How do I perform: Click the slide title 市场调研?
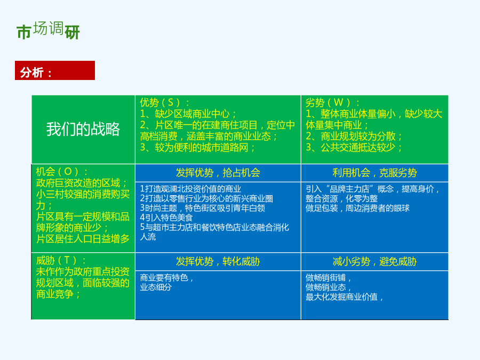pyautogui.click(x=48, y=30)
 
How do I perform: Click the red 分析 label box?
pyautogui.click(x=55, y=70)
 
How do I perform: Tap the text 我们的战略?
pyautogui.click(x=83, y=129)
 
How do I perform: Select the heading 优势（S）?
pyautogui.click(x=165, y=102)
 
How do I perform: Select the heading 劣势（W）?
pyautogui.click(x=332, y=102)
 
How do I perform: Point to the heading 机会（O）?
pyautogui.click(x=62, y=171)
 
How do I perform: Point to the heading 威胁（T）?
pyautogui.click(x=61, y=260)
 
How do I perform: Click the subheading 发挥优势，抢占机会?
pyautogui.click(x=218, y=173)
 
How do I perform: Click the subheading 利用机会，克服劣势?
pyautogui.click(x=375, y=173)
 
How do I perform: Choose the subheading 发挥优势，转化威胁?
pyautogui.click(x=218, y=262)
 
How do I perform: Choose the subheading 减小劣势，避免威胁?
pyautogui.click(x=375, y=262)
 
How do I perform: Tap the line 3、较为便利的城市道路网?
pyautogui.click(x=197, y=148)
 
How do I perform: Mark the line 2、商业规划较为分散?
pyautogui.click(x=354, y=136)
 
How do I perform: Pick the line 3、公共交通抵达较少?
pyautogui.click(x=354, y=148)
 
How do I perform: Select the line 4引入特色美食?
pyautogui.click(x=166, y=218)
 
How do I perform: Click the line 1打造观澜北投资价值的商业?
pyautogui.click(x=190, y=189)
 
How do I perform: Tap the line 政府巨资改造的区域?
pyautogui.click(x=82, y=183)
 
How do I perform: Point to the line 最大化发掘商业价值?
pyautogui.click(x=344, y=297)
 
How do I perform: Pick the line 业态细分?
pyautogui.click(x=156, y=287)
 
